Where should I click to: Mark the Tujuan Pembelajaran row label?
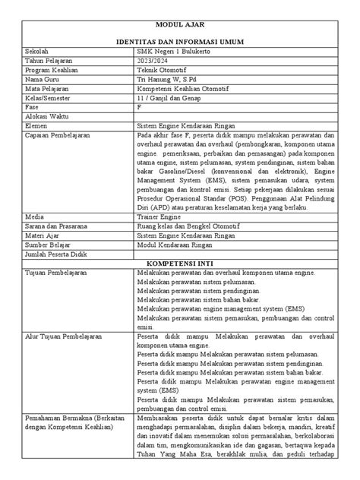tap(58, 270)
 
